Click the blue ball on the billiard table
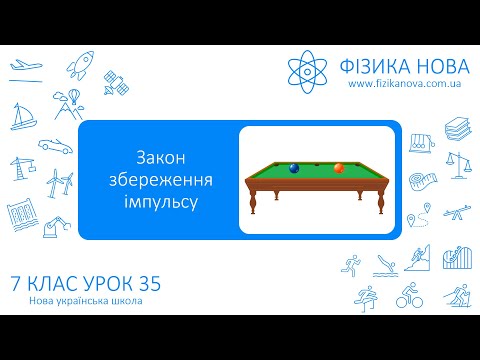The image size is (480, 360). pos(294,169)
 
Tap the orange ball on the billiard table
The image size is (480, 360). pos(339,167)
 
